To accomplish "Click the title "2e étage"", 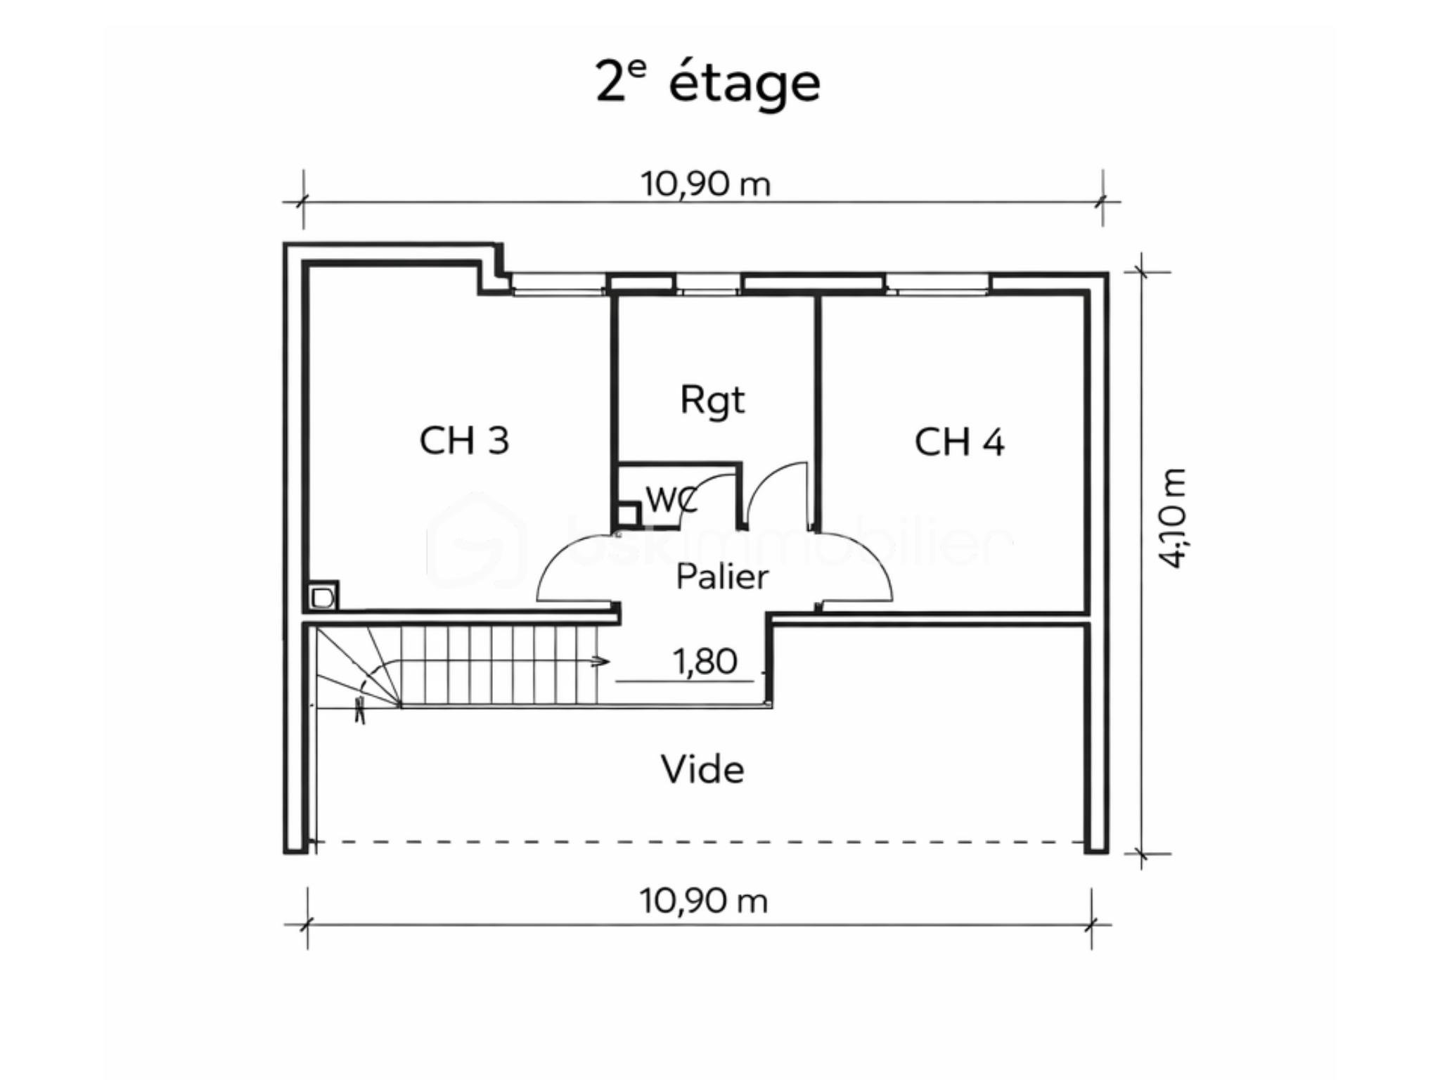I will point(707,83).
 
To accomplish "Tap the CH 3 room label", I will point(464,441).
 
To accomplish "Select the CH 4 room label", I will point(959,442).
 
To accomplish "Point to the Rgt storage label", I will point(712,400).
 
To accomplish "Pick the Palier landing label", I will point(722,577).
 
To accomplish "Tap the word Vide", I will point(702,769).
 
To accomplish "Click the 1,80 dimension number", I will point(705,662).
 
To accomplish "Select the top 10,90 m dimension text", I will point(705,184).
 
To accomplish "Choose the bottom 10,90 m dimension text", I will point(703,901).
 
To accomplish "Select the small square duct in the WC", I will point(626,515).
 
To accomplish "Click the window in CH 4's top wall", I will point(937,283).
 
